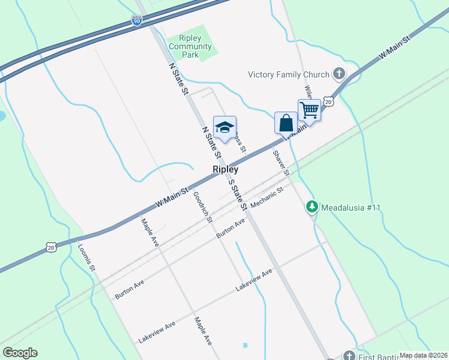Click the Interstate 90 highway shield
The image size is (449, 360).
tap(137, 21)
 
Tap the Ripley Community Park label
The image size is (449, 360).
tap(190, 46)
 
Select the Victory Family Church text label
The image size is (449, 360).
tap(289, 74)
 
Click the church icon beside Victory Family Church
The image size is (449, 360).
tap(339, 74)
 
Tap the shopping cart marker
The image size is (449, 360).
tap(309, 110)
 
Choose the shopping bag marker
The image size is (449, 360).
tap(286, 123)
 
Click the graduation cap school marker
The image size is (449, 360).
tap(224, 128)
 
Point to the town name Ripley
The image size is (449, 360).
tap(226, 170)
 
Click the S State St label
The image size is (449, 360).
tap(238, 194)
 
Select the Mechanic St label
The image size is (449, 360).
tap(267, 199)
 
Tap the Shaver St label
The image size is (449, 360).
tap(281, 163)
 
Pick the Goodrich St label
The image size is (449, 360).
tap(203, 207)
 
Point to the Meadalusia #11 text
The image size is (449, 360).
tap(351, 208)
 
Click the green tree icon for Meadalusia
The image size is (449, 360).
tap(312, 207)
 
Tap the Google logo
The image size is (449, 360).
tap(20, 353)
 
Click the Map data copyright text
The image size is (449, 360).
tap(423, 355)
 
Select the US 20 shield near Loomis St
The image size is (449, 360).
tap(52, 247)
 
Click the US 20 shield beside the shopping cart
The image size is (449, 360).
tap(328, 101)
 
